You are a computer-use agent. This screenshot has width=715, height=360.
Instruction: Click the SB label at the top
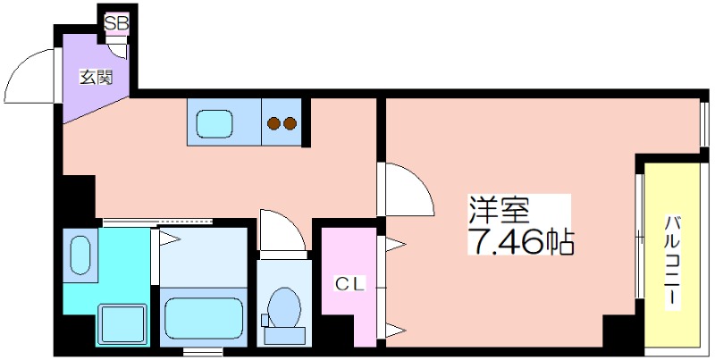(117, 23)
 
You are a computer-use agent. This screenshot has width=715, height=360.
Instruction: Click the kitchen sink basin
(214, 124)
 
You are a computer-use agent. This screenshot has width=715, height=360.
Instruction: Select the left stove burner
(273, 123)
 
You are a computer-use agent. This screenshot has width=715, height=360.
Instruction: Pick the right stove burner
(290, 123)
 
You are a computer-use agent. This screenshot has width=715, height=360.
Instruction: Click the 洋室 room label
(500, 210)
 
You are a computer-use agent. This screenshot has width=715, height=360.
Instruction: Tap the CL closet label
(350, 284)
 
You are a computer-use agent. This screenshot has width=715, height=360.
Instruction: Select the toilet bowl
(283, 307)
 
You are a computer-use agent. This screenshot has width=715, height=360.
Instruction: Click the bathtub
(204, 319)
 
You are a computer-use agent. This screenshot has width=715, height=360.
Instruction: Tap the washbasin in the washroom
(80, 255)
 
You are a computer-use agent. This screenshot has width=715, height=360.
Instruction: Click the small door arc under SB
(119, 54)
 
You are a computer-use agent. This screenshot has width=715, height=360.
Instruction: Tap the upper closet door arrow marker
(395, 244)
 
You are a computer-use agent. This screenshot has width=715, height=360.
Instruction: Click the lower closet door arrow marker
(395, 330)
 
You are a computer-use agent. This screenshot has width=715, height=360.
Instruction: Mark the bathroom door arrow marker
(169, 238)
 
